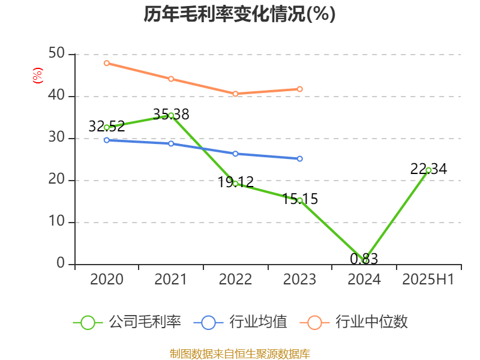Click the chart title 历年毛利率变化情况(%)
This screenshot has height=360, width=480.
tap(239, 14)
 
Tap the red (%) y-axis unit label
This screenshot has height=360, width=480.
tap(37, 76)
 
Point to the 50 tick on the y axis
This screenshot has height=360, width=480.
tap(57, 54)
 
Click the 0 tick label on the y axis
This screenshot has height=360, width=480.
tap(61, 263)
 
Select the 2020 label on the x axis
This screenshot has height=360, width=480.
tap(107, 280)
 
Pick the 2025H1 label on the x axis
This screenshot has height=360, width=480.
tap(428, 280)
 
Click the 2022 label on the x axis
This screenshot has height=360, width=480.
tap(235, 280)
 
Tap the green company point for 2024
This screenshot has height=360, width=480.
tap(364, 260)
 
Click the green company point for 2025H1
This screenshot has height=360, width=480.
tap(428, 170)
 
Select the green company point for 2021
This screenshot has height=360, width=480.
tap(171, 115)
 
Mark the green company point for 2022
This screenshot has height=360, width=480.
tap(235, 184)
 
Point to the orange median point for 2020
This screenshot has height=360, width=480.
tap(107, 63)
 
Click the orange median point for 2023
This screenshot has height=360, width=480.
tap(299, 89)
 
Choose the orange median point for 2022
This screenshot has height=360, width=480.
tap(235, 94)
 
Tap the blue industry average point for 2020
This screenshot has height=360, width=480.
tap(107, 140)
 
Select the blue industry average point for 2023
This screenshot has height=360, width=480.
tap(299, 158)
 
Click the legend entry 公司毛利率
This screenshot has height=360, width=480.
tap(127, 322)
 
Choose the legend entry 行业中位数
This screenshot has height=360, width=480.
tap(358, 322)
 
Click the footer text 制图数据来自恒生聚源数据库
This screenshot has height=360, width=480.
tap(239, 353)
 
